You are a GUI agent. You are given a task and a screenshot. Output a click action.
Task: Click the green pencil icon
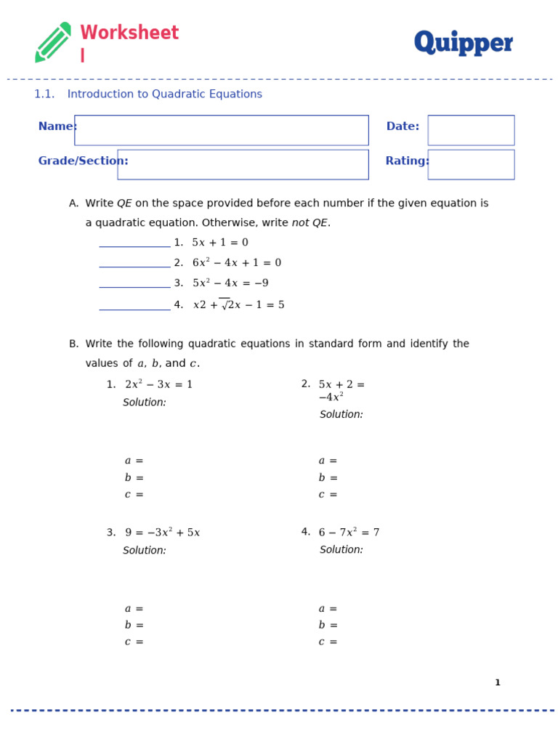tap(53, 42)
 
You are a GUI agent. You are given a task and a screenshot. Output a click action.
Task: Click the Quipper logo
tap(463, 43)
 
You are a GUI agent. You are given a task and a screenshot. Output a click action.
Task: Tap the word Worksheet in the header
tap(129, 33)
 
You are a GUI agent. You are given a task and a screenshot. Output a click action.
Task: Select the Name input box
tap(221, 130)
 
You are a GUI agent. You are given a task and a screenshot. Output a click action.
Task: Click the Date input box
tap(471, 130)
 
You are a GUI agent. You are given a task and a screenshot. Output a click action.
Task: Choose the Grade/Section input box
tap(243, 164)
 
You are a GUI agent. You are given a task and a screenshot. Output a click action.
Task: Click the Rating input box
tap(471, 164)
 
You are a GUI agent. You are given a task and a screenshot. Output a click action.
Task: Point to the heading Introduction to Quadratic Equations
tap(164, 94)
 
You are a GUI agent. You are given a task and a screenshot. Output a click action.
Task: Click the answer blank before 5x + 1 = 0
tap(134, 243)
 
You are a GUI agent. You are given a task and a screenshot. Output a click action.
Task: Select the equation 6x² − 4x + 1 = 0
tap(236, 263)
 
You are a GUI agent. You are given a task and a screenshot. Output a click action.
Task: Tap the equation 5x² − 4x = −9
tap(230, 283)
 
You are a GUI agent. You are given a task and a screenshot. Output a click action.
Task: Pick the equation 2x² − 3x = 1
tap(158, 384)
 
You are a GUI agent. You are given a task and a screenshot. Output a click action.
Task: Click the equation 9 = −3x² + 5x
tap(162, 533)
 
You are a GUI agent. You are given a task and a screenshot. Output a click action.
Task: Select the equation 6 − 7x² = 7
tap(349, 533)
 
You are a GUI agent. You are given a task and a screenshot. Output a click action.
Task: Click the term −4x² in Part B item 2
tap(331, 397)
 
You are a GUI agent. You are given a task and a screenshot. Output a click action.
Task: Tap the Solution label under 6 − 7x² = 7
tap(341, 550)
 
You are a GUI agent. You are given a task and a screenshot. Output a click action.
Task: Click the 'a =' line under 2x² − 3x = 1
tap(134, 461)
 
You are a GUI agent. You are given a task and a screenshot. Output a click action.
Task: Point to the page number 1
tap(498, 683)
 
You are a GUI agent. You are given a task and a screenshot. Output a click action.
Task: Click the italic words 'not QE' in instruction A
tap(310, 223)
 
